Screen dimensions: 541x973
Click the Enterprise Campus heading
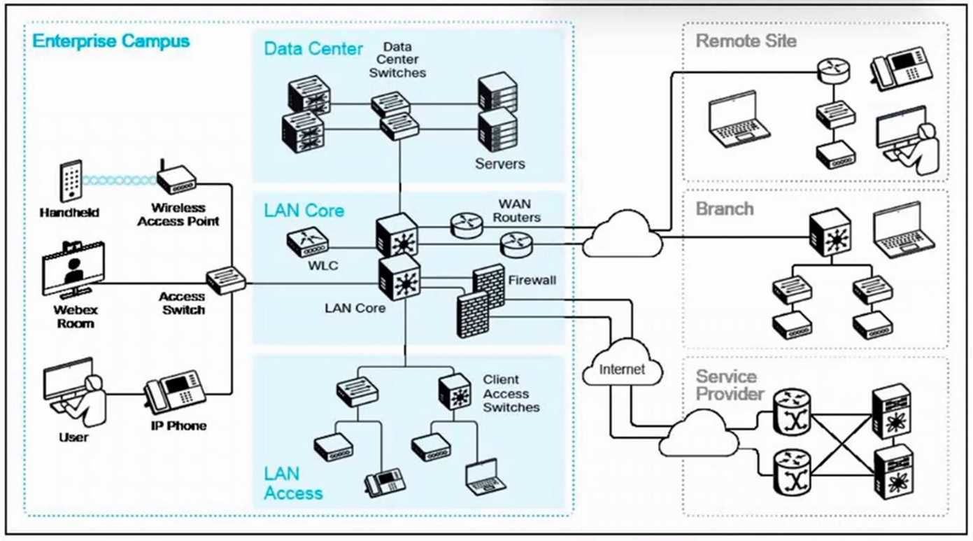[x=111, y=41]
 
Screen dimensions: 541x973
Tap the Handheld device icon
[x=71, y=181]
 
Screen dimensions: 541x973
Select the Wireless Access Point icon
[x=176, y=179]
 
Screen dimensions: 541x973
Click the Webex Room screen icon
[x=73, y=269]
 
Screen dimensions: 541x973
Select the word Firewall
[x=532, y=280]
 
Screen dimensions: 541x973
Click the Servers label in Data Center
[x=500, y=164]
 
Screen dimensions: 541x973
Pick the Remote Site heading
[x=746, y=41]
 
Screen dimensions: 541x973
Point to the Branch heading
[x=725, y=209]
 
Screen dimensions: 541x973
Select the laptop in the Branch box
[x=904, y=228]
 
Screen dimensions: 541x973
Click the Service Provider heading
[x=730, y=386]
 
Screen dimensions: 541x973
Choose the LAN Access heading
[x=293, y=484]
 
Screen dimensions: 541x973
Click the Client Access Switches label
[x=511, y=393]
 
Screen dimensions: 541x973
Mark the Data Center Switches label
[x=397, y=59]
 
